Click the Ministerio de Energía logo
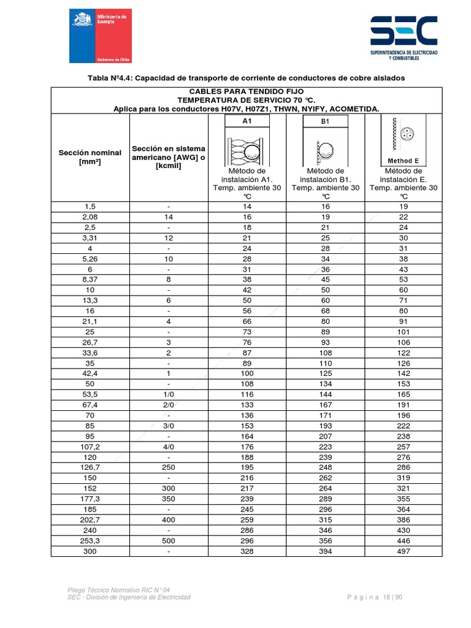pos(99,36)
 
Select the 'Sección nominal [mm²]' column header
pos(90,157)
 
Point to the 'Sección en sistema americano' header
pos(169,157)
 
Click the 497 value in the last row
pos(403,551)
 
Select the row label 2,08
pos(90,217)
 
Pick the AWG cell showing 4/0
pos(169,447)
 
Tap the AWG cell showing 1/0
pos(169,394)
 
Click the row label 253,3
pos(90,541)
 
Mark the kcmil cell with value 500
pos(169,541)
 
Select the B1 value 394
pos(325,551)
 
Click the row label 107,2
pos(90,447)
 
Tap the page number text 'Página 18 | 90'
pos(374,597)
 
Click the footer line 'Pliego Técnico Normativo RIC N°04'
pos(110,589)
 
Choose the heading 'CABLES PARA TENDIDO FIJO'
pos(247,91)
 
